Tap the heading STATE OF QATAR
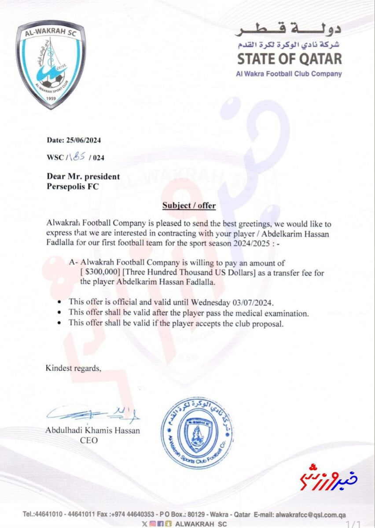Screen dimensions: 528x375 290,59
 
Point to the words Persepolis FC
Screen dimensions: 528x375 73,186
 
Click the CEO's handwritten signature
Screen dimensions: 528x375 92,414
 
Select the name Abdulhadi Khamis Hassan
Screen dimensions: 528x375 92,430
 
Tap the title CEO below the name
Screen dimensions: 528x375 89,440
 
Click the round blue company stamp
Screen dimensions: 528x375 197,433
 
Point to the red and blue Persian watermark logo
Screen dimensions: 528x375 329,476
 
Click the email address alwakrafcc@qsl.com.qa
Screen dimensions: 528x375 311,514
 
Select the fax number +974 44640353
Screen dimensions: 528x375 128,514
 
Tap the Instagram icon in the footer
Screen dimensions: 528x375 153,524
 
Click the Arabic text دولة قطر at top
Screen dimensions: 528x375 288,29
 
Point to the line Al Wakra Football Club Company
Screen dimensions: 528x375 289,73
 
